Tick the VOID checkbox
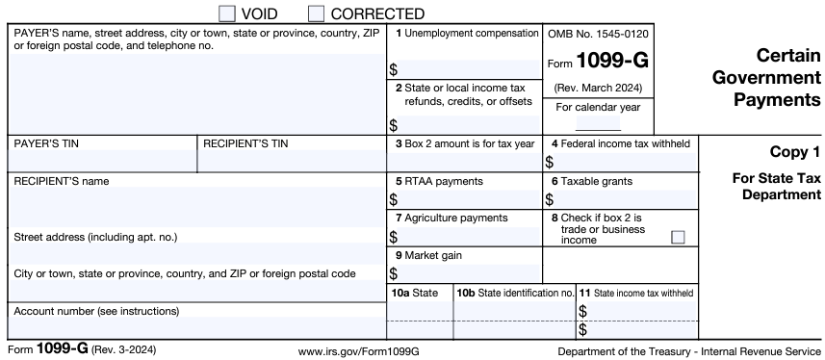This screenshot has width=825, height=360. [x=227, y=13]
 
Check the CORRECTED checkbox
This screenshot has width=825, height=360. [x=316, y=13]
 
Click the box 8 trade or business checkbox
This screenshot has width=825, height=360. [x=678, y=237]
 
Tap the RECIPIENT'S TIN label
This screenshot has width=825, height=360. [x=245, y=143]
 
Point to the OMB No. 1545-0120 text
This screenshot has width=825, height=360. [x=598, y=34]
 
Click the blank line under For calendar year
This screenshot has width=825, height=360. [x=598, y=125]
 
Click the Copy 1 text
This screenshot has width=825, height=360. [x=794, y=151]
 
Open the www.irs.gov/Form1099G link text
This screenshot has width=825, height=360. [x=359, y=351]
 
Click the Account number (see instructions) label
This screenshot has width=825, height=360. [x=96, y=311]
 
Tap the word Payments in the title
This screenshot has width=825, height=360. [x=781, y=99]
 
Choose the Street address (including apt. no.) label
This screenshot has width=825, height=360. [x=95, y=237]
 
